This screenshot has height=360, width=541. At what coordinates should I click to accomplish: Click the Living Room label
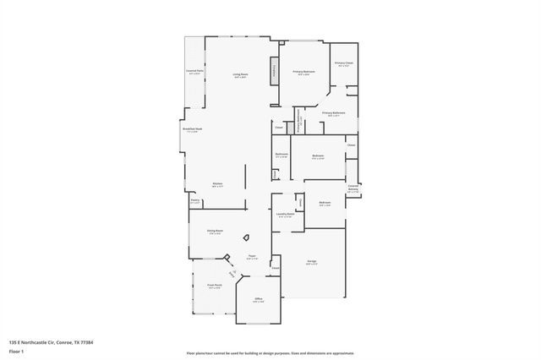(x=241, y=75)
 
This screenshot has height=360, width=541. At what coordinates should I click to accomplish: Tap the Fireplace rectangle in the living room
(x=274, y=71)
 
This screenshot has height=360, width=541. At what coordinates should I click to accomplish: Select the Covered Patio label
(x=194, y=72)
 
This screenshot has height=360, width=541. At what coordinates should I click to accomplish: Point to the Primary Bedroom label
(x=303, y=72)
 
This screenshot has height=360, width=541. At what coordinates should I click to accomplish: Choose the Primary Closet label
(x=343, y=63)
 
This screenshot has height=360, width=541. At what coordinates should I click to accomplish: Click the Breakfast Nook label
(x=192, y=129)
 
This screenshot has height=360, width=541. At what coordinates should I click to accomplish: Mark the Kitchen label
(x=217, y=184)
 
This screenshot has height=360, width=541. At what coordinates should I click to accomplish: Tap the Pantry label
(x=194, y=201)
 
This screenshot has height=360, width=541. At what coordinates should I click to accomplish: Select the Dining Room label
(x=216, y=232)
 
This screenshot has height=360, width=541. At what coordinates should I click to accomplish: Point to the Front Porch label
(x=214, y=286)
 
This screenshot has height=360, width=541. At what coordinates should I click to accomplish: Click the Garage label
(x=312, y=263)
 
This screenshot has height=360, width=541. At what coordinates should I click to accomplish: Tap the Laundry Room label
(x=285, y=215)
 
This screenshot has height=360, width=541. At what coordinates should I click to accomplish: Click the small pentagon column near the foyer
(x=246, y=238)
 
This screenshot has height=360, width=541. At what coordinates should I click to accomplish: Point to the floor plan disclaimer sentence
(x=270, y=352)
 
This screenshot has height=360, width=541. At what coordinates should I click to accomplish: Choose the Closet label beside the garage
(x=276, y=270)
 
